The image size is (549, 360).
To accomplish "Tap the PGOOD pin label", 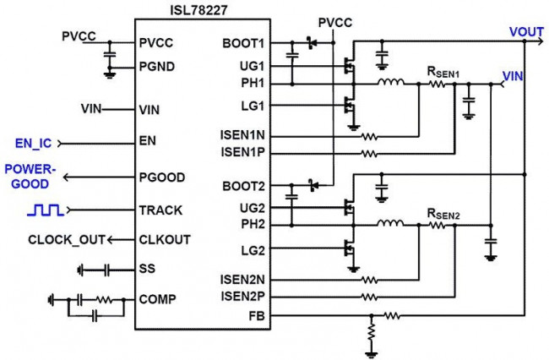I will point(162,177).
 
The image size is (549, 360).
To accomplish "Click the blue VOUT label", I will point(526,32).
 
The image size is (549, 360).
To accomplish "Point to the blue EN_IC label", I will point(33,142).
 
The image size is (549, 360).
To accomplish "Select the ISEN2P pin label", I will point(246,296).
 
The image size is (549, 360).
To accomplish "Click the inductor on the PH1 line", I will point(390,84).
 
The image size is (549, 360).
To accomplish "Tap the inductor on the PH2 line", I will point(390,225).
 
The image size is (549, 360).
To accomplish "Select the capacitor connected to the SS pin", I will point(107,270).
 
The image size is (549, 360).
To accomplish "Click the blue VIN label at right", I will point(514,76).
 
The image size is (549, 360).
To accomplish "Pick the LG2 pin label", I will point(253,250).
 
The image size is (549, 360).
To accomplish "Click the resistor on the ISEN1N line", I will point(369,136).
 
